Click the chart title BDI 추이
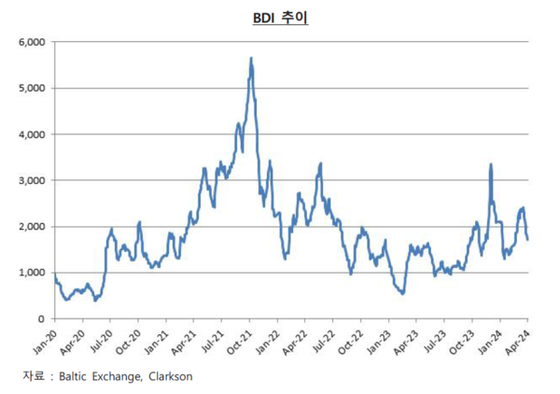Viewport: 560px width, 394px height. pyautogui.click(x=280, y=17)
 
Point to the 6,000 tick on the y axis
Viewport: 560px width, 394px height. pyautogui.click(x=32, y=42)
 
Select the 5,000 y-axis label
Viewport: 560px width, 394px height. pyautogui.click(x=32, y=88)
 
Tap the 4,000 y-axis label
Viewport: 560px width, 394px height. pyautogui.click(x=32, y=134)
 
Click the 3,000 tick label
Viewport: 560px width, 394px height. pyautogui.click(x=32, y=180)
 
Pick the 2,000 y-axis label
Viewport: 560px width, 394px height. pyautogui.click(x=32, y=226)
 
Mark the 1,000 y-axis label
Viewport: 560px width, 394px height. pyautogui.click(x=32, y=273)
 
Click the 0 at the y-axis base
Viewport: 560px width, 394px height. pyautogui.click(x=42, y=318)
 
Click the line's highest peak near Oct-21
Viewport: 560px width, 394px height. pyautogui.click(x=251, y=59)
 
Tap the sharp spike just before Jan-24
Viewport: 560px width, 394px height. pyautogui.click(x=491, y=165)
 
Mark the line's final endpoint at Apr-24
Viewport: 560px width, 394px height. pyautogui.click(x=528, y=239)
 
